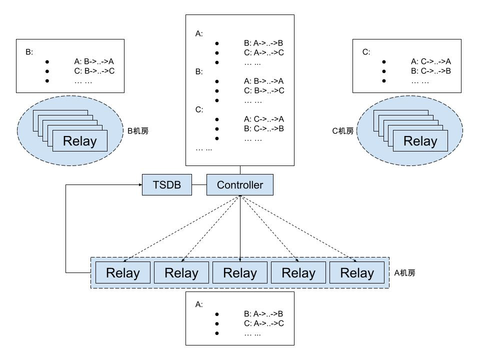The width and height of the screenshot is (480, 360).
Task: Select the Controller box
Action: pyautogui.click(x=240, y=185)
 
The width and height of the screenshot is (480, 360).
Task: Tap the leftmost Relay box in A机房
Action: pyautogui.click(x=123, y=273)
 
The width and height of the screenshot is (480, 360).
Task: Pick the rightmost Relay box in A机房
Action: pyautogui.click(x=357, y=273)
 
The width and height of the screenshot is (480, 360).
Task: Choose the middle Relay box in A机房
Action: pyautogui.click(x=240, y=273)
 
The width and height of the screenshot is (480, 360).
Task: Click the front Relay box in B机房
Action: pyautogui.click(x=79, y=141)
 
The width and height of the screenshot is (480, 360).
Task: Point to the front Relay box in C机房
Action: pyautogui.click(x=420, y=141)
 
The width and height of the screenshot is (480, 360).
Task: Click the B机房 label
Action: pyautogui.click(x=138, y=131)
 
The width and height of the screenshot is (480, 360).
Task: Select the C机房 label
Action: pyautogui.click(x=343, y=131)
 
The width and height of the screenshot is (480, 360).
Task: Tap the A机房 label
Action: pyautogui.click(x=404, y=273)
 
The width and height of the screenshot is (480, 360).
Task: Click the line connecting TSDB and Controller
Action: pyautogui.click(x=199, y=185)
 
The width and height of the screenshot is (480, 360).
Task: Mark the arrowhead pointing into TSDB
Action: pyautogui.click(x=139, y=185)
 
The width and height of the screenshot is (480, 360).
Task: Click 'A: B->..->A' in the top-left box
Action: pyautogui.click(x=94, y=61)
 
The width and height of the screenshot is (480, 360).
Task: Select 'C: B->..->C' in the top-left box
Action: pyautogui.click(x=94, y=71)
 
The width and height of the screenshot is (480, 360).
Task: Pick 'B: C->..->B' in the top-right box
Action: pyautogui.click(x=431, y=71)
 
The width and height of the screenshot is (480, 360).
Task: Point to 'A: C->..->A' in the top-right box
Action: pyautogui.click(x=431, y=61)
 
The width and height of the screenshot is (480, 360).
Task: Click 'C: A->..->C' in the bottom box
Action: pyautogui.click(x=263, y=323)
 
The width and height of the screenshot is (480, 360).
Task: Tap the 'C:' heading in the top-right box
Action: pyautogui.click(x=366, y=52)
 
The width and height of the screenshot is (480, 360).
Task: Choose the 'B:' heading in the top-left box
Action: pyautogui.click(x=29, y=52)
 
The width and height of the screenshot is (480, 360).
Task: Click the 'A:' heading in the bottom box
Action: pyautogui.click(x=199, y=304)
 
